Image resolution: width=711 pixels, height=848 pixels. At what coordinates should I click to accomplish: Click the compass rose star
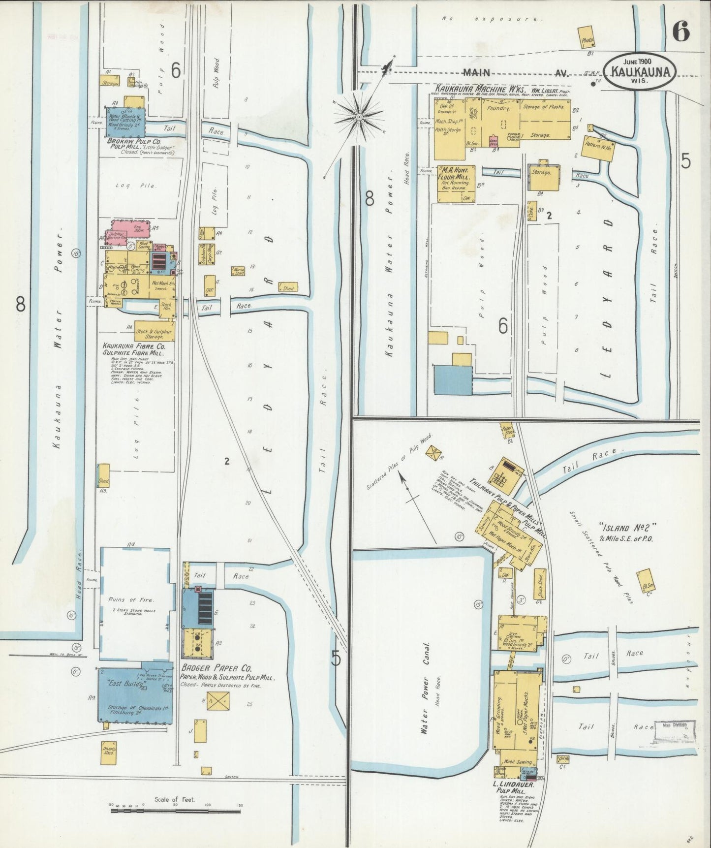click(359, 117)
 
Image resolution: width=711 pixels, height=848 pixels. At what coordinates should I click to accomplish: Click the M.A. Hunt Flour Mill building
click(456, 184)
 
